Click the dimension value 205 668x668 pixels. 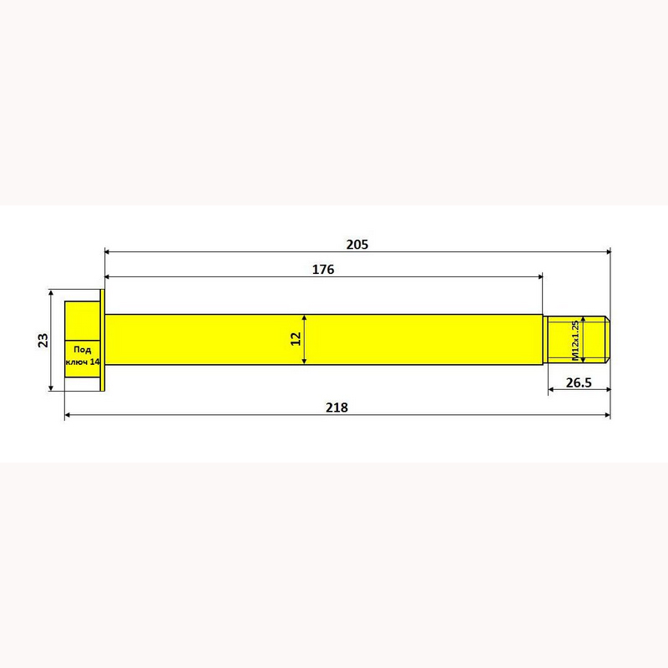point(357,245)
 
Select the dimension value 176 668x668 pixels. point(323,269)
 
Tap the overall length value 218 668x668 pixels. point(337,407)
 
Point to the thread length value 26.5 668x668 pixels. point(579,382)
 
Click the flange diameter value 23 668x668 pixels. point(43,340)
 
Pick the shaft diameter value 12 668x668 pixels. point(296,339)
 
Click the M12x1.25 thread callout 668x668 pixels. point(574,341)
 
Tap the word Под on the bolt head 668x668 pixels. point(82,350)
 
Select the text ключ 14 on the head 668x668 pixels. point(83,362)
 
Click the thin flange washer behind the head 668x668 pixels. point(102,340)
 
